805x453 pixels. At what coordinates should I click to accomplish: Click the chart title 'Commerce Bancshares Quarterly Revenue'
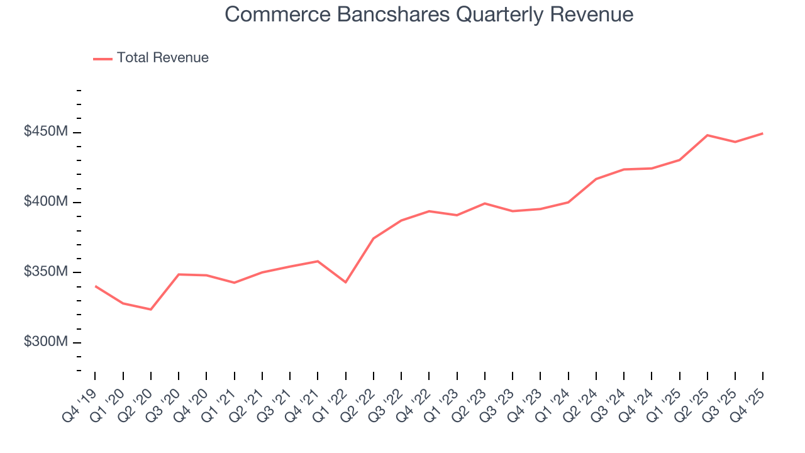[429, 14]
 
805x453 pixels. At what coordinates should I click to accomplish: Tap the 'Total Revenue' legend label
[162, 58]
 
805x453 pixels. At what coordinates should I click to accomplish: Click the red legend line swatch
[103, 59]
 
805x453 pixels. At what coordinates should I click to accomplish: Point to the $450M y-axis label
[46, 132]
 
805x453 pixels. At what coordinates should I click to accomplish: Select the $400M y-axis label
[46, 202]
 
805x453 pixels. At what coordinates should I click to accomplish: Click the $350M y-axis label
[46, 272]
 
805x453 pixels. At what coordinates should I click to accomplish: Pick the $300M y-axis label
[46, 342]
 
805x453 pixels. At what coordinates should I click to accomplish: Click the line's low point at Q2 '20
[151, 310]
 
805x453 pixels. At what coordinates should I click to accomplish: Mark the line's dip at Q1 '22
[345, 282]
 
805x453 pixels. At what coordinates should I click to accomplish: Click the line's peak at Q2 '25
[708, 135]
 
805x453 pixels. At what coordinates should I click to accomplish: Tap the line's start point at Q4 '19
[96, 286]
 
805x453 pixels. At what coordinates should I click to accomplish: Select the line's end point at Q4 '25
[763, 133]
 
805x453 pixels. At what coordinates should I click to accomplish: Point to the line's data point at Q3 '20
[179, 274]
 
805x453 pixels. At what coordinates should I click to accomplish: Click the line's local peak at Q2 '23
[485, 203]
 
